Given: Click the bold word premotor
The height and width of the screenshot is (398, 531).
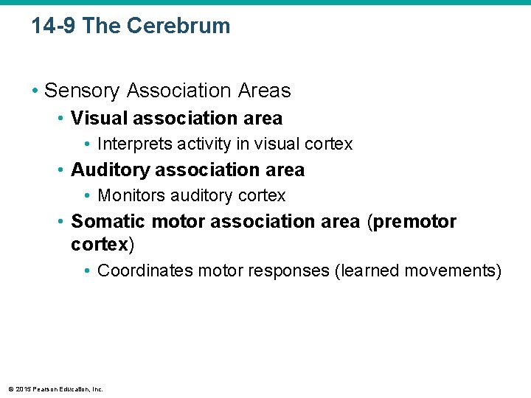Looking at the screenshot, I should tap(415, 222).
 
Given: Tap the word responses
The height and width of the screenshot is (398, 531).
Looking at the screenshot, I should tap(293, 270).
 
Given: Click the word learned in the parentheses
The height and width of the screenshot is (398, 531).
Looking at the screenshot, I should tap(364, 270).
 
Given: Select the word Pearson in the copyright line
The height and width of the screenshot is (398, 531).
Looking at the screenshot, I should tap(46, 388).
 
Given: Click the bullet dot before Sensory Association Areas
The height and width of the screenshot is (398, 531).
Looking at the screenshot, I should tap(35, 91).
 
